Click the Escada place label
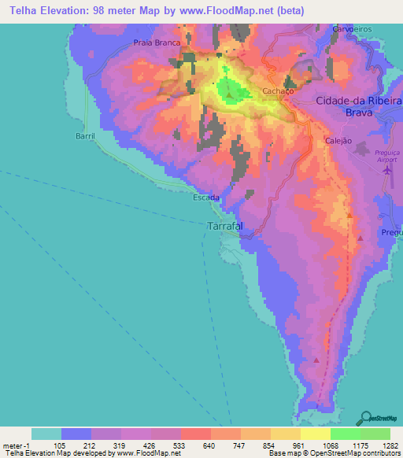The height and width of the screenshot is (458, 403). (x=205, y=198)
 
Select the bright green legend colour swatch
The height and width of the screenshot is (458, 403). (x=345, y=434)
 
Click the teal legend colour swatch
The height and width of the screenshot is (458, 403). (x=46, y=434)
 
